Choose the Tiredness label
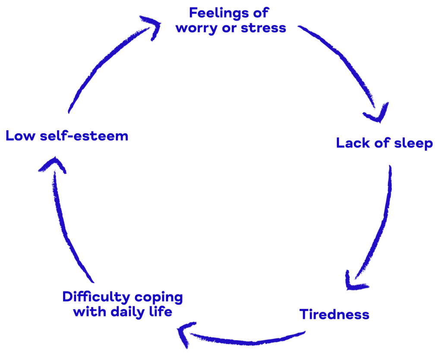334,314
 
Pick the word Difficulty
96,297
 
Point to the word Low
20,136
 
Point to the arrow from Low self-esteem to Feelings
104,65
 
